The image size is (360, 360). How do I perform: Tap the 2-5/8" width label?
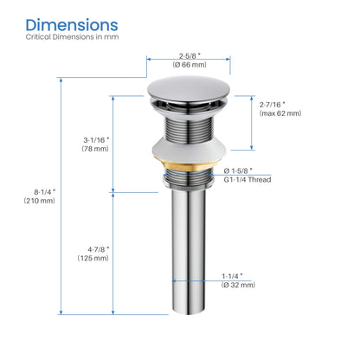point(188,54)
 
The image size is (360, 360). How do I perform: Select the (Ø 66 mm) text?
point(188,64)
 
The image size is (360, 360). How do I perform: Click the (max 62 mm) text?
point(280,114)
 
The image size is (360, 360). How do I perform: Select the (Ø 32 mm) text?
point(237,285)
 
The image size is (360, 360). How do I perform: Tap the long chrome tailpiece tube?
point(187,260)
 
